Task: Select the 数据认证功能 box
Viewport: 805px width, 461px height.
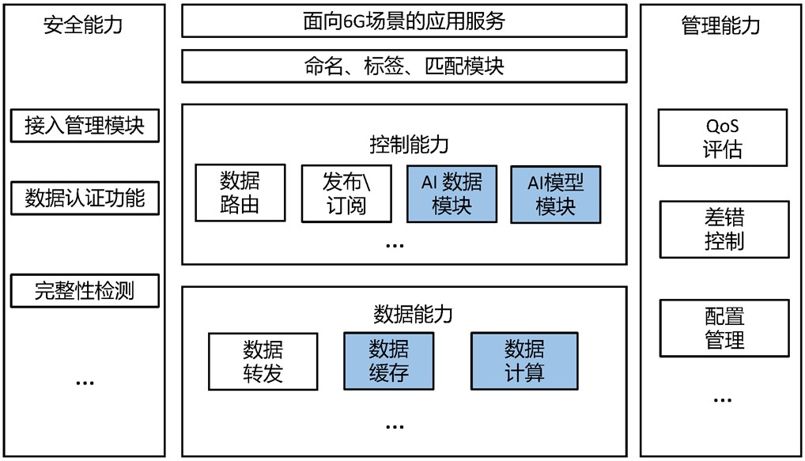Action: click(85, 198)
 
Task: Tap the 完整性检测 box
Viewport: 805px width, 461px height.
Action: click(85, 291)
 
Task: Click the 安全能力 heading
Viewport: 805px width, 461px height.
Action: click(83, 25)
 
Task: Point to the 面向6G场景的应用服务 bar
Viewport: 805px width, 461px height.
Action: click(403, 21)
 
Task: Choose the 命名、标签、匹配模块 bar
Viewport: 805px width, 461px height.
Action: click(403, 66)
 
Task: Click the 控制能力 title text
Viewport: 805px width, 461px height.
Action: click(409, 145)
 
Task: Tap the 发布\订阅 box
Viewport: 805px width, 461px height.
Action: click(346, 194)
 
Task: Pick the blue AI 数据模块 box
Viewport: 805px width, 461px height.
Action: click(452, 194)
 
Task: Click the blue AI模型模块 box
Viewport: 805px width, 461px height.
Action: click(555, 194)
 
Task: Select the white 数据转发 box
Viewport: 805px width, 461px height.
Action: click(263, 361)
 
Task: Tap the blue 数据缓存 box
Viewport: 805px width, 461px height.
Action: click(388, 361)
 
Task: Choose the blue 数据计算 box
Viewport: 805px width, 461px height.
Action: click(523, 361)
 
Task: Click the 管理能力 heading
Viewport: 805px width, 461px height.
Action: click(720, 25)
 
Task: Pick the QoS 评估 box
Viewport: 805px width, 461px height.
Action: click(722, 138)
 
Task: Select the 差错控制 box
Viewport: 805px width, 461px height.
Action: click(724, 229)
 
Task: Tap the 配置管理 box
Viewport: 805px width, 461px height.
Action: click(724, 328)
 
